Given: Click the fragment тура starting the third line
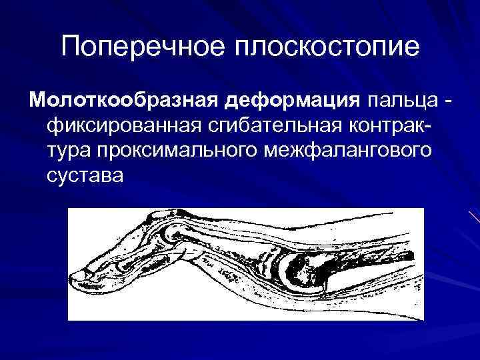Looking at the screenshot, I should pyautogui.click(x=69, y=151).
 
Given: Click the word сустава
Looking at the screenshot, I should pyautogui.click(x=85, y=176).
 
